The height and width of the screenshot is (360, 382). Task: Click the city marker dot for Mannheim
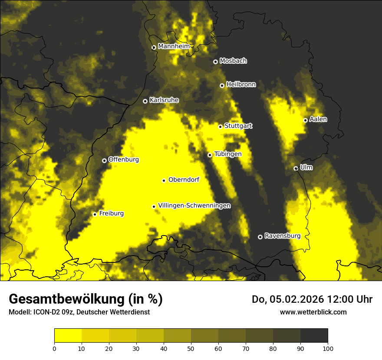(x=154, y=48)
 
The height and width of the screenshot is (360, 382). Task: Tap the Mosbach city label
(x=233, y=61)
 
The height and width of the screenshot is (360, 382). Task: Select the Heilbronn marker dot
(x=222, y=85)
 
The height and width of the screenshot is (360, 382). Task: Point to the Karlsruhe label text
(x=164, y=100)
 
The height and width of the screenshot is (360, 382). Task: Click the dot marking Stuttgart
(x=220, y=127)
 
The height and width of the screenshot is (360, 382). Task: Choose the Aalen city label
(x=318, y=119)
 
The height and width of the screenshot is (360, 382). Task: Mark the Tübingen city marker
(x=210, y=155)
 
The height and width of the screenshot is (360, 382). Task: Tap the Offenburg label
(x=124, y=160)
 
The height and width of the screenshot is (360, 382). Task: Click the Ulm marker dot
(x=296, y=168)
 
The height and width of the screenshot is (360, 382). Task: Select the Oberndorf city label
(x=184, y=180)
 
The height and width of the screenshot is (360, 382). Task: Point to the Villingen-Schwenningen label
(x=194, y=206)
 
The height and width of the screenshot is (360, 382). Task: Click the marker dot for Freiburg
(x=95, y=214)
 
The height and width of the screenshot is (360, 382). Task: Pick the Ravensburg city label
(x=283, y=236)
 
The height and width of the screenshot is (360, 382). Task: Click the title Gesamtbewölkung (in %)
(x=86, y=299)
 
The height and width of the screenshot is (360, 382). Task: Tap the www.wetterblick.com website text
(x=313, y=312)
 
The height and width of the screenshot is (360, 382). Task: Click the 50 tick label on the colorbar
(x=191, y=348)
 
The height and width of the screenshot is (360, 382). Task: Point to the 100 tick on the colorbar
(x=328, y=348)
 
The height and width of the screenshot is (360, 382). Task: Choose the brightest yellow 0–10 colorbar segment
(x=68, y=335)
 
